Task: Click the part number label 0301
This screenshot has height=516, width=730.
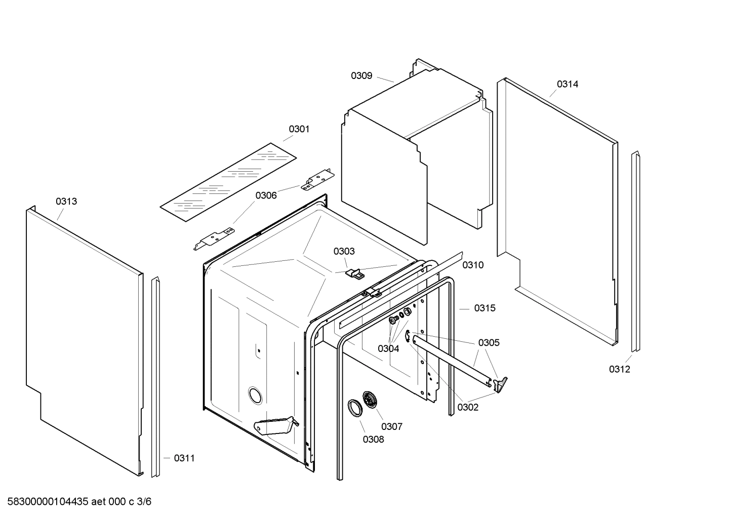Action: click(x=299, y=129)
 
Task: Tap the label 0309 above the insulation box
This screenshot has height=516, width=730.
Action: click(x=361, y=76)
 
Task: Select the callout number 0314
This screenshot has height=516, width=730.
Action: click(x=567, y=84)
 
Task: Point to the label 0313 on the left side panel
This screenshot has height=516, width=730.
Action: click(x=66, y=202)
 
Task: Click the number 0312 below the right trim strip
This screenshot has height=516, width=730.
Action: click(x=619, y=369)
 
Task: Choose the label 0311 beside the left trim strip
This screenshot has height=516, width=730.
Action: click(x=184, y=458)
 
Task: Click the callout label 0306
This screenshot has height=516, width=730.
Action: click(x=266, y=195)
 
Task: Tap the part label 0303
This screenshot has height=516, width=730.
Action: click(x=344, y=251)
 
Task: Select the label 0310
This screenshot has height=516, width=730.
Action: click(x=473, y=265)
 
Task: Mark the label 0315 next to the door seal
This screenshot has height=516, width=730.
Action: click(x=484, y=308)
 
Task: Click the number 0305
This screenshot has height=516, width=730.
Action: click(x=489, y=343)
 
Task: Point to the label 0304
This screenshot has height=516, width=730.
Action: click(x=388, y=348)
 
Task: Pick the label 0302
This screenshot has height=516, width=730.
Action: click(x=467, y=407)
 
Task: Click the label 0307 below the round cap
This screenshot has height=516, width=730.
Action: click(x=391, y=426)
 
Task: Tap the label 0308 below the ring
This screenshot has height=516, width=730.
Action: click(x=373, y=440)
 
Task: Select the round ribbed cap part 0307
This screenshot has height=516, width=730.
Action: click(x=371, y=400)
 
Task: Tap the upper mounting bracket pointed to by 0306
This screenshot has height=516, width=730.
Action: click(x=317, y=180)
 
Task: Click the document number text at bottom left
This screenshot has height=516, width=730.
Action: click(x=76, y=502)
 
